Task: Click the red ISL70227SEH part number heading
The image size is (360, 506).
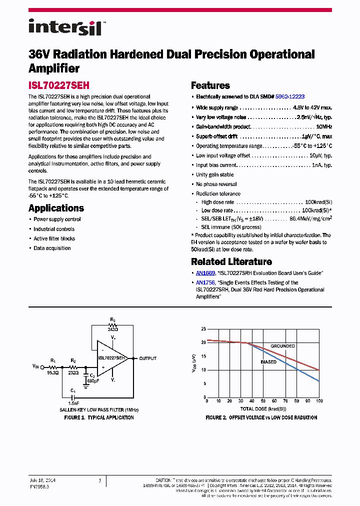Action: point(59,86)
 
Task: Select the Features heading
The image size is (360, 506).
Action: point(210,85)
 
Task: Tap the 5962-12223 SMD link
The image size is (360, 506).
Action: point(290,96)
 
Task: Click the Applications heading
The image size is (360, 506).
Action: point(56,208)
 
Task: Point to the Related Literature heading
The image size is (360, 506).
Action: point(231,261)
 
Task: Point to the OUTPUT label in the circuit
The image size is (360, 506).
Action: point(147,358)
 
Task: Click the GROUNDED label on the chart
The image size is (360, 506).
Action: point(282,346)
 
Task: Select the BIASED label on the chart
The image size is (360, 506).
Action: point(268,362)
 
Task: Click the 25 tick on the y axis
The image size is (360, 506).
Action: point(203,329)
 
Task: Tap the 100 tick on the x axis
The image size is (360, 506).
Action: point(319,401)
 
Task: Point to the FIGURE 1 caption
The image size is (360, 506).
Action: point(100,417)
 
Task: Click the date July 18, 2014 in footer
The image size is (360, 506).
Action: point(42,480)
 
